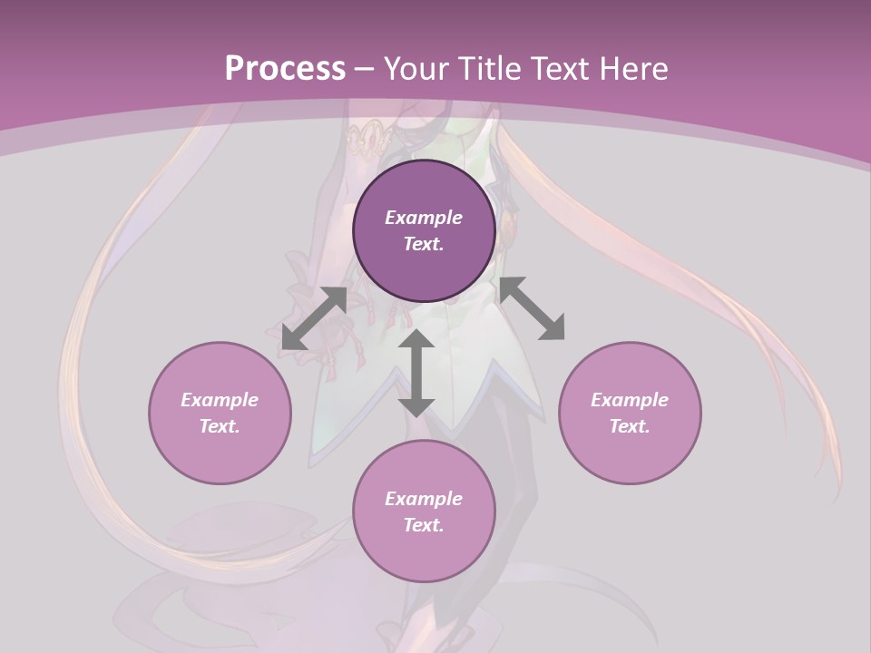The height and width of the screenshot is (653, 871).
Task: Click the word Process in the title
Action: click(284, 69)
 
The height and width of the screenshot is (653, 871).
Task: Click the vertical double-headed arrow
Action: click(416, 374)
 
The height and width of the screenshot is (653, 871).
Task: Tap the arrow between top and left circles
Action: click(314, 318)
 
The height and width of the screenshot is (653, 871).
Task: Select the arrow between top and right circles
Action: click(533, 308)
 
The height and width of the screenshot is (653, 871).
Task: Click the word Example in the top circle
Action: click(424, 218)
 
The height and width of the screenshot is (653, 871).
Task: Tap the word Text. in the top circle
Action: click(424, 244)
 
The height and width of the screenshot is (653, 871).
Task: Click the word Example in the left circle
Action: click(220, 400)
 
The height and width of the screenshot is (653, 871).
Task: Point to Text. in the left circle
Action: click(220, 426)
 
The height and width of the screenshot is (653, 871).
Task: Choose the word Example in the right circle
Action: click(630, 400)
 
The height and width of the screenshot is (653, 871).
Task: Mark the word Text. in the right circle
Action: click(630, 426)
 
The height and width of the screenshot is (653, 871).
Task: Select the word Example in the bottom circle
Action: click(424, 499)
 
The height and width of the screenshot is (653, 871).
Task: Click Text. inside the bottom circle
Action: click(424, 525)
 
